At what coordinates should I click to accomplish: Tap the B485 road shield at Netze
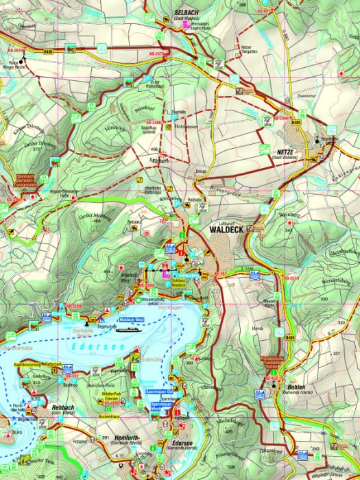tap(296, 122)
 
